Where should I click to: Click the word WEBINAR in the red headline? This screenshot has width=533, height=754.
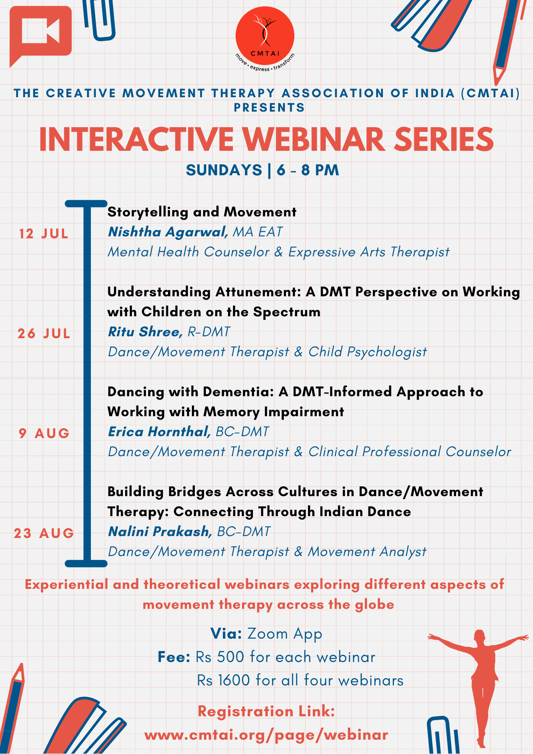[x=313, y=139]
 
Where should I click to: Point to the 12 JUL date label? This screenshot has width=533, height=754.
[x=44, y=234]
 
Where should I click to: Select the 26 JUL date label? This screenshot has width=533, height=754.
[x=44, y=334]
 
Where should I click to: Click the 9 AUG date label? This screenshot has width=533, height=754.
[x=44, y=434]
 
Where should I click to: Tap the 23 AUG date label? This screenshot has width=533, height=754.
[x=44, y=533]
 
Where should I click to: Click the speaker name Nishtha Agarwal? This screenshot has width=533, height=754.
[x=168, y=232]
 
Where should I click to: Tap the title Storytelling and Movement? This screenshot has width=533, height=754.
[x=202, y=212]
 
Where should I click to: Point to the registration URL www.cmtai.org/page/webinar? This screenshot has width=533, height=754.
[x=266, y=735]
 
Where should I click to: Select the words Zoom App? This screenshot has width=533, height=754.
[x=285, y=634]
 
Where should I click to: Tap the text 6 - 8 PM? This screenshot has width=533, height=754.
[x=308, y=170]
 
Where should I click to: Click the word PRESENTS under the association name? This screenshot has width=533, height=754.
[x=269, y=108]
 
